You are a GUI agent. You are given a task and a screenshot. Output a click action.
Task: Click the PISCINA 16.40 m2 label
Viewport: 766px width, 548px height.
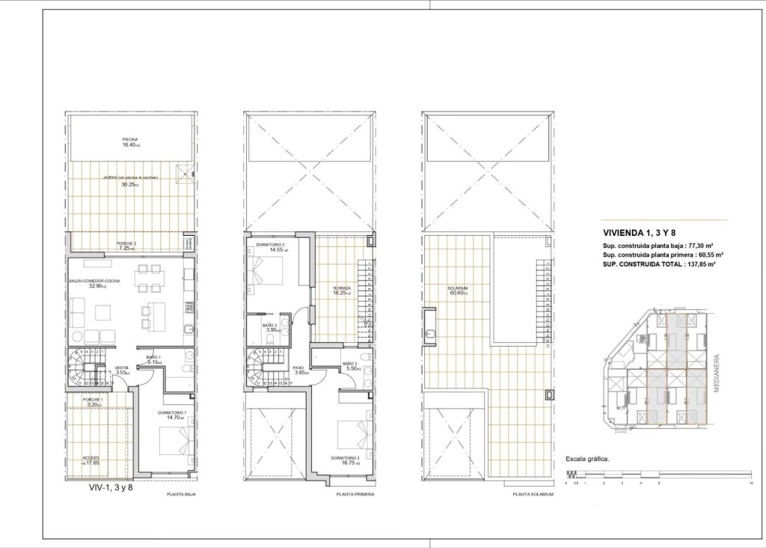coord(131,142)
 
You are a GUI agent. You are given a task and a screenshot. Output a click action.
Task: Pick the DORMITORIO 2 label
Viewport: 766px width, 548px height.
coord(269,246)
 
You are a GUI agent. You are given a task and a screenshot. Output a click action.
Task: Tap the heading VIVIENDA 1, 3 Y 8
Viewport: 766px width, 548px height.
coord(634,232)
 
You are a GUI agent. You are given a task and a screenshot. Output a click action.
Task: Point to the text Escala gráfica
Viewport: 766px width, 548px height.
coord(588,459)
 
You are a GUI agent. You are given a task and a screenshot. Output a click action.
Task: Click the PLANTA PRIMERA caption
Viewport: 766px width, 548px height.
coord(355,495)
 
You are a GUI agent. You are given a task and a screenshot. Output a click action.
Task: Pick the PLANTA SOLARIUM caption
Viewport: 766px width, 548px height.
coord(533,495)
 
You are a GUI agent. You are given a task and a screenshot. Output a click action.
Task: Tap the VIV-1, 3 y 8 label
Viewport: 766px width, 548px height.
coord(110,487)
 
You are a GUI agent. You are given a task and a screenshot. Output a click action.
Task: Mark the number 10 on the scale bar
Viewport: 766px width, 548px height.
coord(750,484)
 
